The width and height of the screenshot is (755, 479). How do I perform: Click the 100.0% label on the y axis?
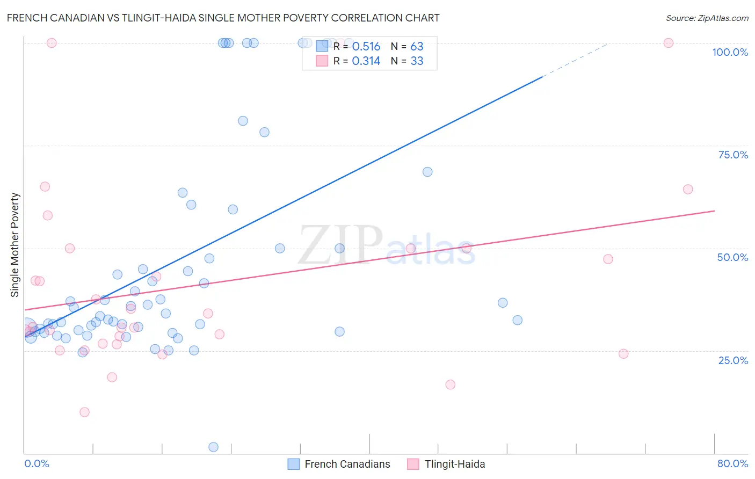(730, 52)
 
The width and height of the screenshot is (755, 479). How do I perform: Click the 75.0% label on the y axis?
(733, 155)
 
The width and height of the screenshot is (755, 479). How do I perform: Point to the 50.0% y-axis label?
(732, 257)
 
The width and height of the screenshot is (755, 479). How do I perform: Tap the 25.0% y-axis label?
(733, 360)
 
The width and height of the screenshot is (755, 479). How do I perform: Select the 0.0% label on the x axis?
(37, 463)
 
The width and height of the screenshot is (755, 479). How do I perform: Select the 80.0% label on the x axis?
(732, 463)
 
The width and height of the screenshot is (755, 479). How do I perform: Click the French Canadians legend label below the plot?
(347, 464)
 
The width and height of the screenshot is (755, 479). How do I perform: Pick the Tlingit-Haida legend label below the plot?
(454, 464)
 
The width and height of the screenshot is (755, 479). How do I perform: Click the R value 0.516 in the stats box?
(366, 47)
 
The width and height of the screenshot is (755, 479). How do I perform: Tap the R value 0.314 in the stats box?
(366, 61)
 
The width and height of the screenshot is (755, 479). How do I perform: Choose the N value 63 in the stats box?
(417, 47)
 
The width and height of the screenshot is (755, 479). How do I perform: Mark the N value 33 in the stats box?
(417, 61)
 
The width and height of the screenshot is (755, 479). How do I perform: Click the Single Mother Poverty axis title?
(15, 245)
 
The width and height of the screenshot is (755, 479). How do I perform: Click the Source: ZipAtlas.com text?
(707, 18)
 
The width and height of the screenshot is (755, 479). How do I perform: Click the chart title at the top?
(223, 18)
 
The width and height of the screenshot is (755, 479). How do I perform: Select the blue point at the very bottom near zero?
(213, 447)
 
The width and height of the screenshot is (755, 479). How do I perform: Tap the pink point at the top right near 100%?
(668, 43)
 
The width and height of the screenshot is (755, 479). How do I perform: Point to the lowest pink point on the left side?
(84, 412)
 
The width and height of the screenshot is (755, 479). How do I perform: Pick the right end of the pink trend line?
(714, 211)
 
